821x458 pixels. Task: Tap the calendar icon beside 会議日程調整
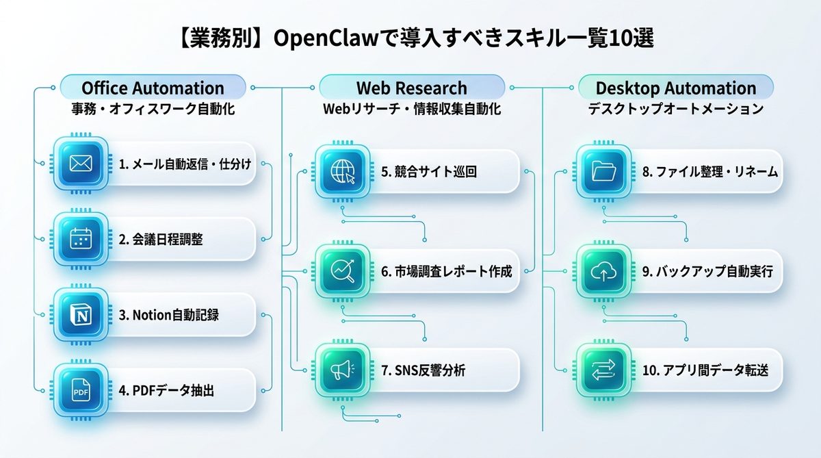[81, 239]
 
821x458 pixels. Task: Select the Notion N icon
[81, 314]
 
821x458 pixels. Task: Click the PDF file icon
[81, 390]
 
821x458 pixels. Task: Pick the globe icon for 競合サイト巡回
[341, 171]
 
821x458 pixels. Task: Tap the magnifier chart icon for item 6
[341, 271]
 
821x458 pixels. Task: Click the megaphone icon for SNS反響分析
[341, 370]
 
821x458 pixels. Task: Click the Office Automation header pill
[153, 88]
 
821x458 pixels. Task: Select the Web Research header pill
[412, 88]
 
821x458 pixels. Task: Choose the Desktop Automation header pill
[676, 88]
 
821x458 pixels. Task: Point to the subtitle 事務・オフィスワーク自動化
[153, 110]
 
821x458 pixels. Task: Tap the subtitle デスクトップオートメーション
[676, 110]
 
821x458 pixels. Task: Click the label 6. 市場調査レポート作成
[446, 271]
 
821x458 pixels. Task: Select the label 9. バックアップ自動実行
[707, 271]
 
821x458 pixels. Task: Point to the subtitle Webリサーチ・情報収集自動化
[412, 110]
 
